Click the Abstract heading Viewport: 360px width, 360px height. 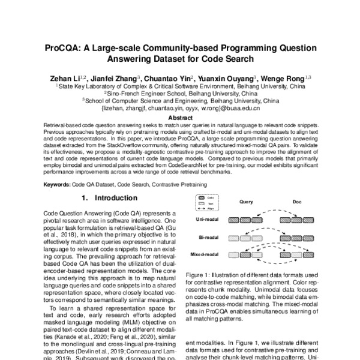(x=180, y=119)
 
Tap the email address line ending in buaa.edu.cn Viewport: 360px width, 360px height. (x=180, y=109)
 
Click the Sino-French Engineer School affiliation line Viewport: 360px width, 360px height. (x=180, y=94)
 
